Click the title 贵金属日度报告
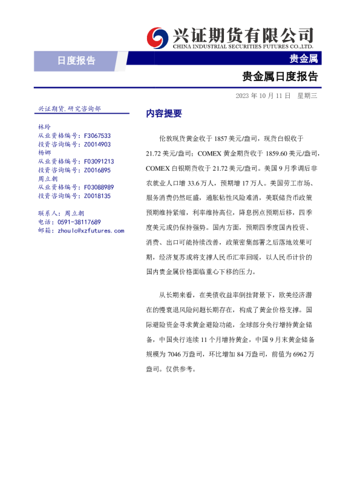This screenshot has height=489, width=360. (x=280, y=77)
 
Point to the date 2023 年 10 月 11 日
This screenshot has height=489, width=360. (x=263, y=96)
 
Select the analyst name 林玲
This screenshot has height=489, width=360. (x=44, y=128)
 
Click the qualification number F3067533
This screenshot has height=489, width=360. (x=97, y=136)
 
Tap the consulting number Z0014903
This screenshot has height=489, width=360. (x=97, y=145)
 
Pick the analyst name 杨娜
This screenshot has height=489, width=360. (x=44, y=153)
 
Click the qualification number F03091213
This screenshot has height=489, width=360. (x=99, y=162)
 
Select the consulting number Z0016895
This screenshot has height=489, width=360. (x=97, y=171)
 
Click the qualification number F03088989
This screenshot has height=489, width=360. (x=99, y=188)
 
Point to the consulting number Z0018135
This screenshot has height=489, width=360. (x=97, y=196)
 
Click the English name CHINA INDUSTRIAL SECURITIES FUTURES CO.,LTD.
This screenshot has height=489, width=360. (x=243, y=46)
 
